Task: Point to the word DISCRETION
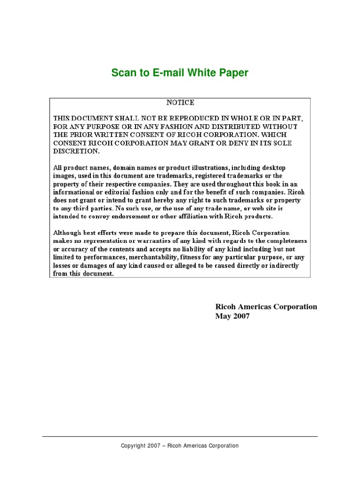76,151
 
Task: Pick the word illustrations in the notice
214,167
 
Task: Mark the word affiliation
182,216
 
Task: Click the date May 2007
232,316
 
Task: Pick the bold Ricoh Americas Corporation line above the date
266,307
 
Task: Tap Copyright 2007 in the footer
140,446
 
